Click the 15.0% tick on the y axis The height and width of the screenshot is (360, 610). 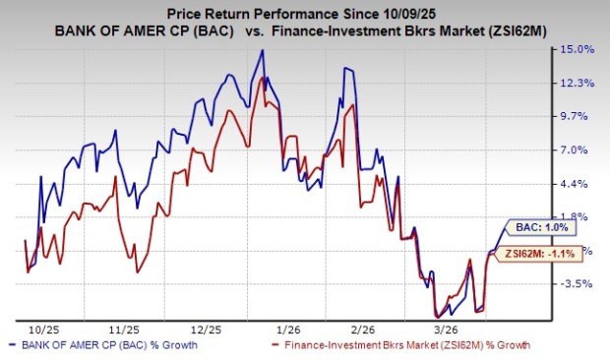point(578,49)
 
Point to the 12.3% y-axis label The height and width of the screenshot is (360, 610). point(578,83)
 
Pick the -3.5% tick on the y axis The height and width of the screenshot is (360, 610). point(578,283)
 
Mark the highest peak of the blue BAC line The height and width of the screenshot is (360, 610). point(263,50)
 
